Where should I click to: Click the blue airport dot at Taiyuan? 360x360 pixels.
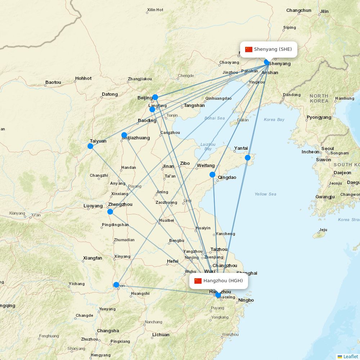(90, 146)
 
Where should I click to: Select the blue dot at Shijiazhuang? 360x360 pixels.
(124, 135)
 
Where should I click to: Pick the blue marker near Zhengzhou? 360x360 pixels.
(110, 211)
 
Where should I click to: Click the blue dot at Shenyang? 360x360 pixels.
(267, 62)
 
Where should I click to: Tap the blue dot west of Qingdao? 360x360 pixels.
(212, 175)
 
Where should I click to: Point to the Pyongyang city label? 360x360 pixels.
(319, 117)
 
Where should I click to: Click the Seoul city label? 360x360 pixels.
(328, 148)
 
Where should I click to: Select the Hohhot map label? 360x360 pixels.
(84, 78)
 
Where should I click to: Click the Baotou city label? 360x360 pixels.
(53, 82)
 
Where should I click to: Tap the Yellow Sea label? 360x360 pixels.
(265, 194)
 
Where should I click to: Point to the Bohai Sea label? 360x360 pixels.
(215, 118)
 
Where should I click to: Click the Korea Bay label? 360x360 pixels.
(274, 120)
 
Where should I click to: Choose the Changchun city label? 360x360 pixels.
(299, 10)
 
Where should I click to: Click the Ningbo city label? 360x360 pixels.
(246, 300)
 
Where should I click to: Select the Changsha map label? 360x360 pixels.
(108, 331)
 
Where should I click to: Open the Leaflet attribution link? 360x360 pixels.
(350, 356)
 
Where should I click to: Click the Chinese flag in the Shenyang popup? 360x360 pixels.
(249, 49)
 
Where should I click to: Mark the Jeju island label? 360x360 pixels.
(323, 230)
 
